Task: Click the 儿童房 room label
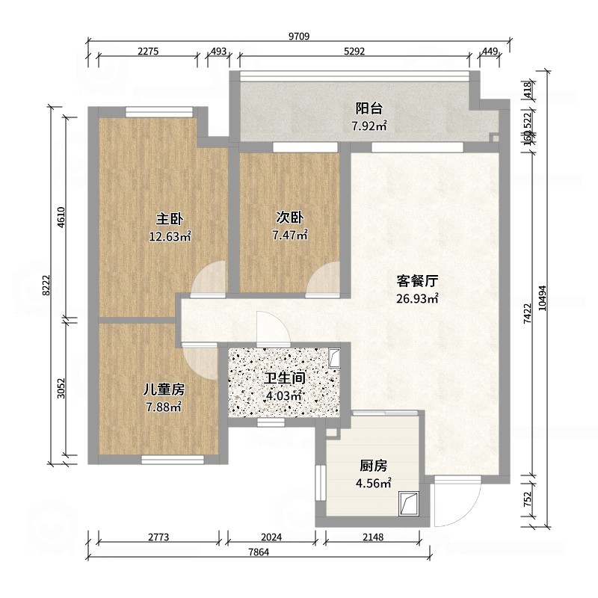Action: (164, 389)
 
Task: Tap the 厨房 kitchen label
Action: (372, 466)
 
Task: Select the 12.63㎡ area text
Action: (170, 237)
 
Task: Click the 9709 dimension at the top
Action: (299, 36)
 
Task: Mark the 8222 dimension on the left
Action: (46, 285)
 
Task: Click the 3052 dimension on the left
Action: (63, 389)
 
